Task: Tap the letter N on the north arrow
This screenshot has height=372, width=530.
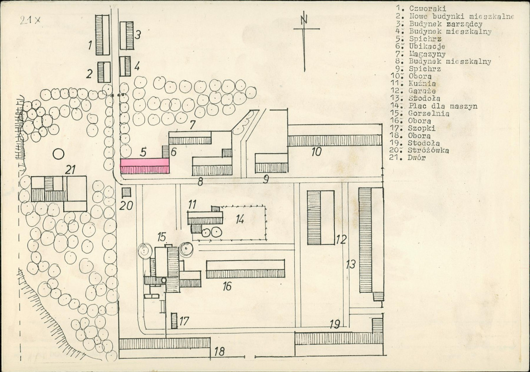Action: coord(304,18)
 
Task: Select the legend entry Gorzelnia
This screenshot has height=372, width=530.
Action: coord(429,114)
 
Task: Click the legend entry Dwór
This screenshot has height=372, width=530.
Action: coord(416,158)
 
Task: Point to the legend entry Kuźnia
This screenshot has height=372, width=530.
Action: coord(422,84)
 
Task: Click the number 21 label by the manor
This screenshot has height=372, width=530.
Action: coord(70,170)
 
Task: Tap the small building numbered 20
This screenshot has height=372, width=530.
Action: coord(126,192)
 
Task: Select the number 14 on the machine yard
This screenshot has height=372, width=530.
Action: coord(240,219)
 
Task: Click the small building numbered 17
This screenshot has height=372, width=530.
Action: coord(174,321)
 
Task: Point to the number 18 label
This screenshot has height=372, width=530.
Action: coord(219,351)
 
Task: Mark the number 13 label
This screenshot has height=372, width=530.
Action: coord(351,264)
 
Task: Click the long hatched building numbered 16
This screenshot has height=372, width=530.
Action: coord(246,269)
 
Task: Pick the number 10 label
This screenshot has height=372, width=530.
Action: coord(316,151)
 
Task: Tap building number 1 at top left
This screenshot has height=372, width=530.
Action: coord(103,35)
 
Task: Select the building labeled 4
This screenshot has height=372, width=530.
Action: coord(125,66)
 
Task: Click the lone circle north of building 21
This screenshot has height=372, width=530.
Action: coord(58,155)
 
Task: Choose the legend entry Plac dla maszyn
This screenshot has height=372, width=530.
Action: coord(443,106)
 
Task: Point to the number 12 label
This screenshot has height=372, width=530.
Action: coord(341,240)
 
